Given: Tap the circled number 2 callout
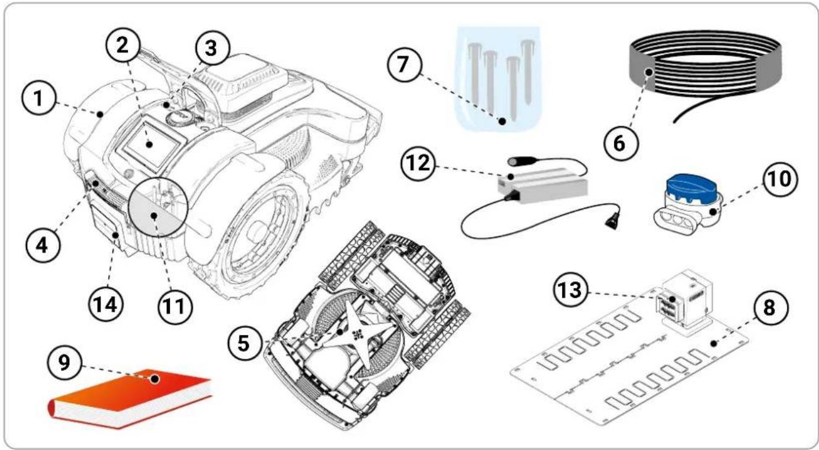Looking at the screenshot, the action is (x=123, y=46).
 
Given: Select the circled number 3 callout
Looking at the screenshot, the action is (x=212, y=48).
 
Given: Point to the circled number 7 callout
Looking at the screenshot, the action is (x=404, y=64).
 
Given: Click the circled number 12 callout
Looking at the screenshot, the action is (x=418, y=163).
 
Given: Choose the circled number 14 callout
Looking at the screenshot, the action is (x=106, y=304).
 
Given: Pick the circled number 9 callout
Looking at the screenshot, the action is (x=64, y=363).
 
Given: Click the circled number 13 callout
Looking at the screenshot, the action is (x=572, y=291).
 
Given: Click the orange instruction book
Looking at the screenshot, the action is (x=130, y=398).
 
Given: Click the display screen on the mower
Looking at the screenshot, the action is (x=151, y=144).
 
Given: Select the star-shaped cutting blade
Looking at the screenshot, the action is (x=354, y=333).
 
